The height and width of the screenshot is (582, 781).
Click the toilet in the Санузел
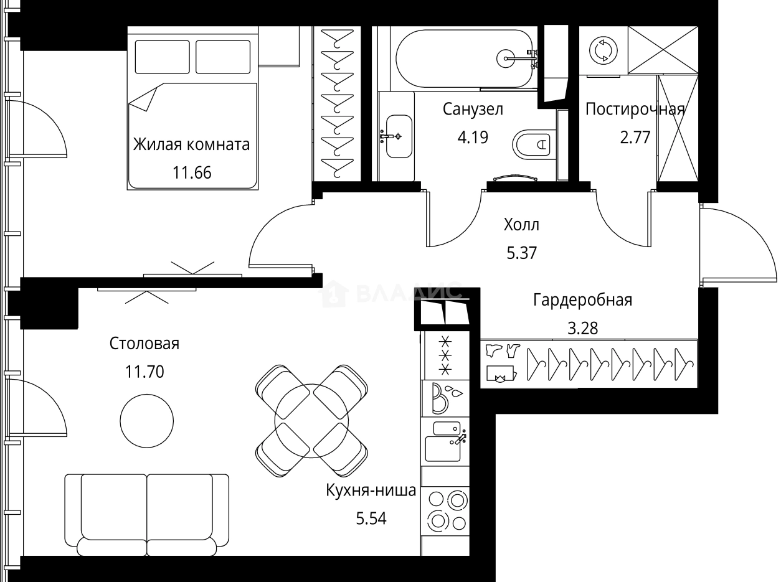(533, 144)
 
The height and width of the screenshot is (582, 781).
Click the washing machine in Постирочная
(603, 51)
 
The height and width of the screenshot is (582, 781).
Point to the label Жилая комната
(191, 145)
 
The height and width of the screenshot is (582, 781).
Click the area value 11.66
(192, 172)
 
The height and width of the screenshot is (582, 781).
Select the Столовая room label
(144, 344)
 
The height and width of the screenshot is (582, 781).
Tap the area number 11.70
(144, 372)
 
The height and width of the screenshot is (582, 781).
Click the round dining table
(311, 420)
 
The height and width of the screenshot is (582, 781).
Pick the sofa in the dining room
(147, 514)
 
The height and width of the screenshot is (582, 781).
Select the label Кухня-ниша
(371, 491)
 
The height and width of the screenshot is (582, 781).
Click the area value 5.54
(371, 518)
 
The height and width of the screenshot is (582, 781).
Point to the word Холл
(521, 225)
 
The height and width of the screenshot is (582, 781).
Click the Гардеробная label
(582, 301)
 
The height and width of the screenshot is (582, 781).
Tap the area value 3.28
(582, 328)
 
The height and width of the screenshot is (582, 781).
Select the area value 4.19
(473, 137)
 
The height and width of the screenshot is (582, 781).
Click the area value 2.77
(635, 137)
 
